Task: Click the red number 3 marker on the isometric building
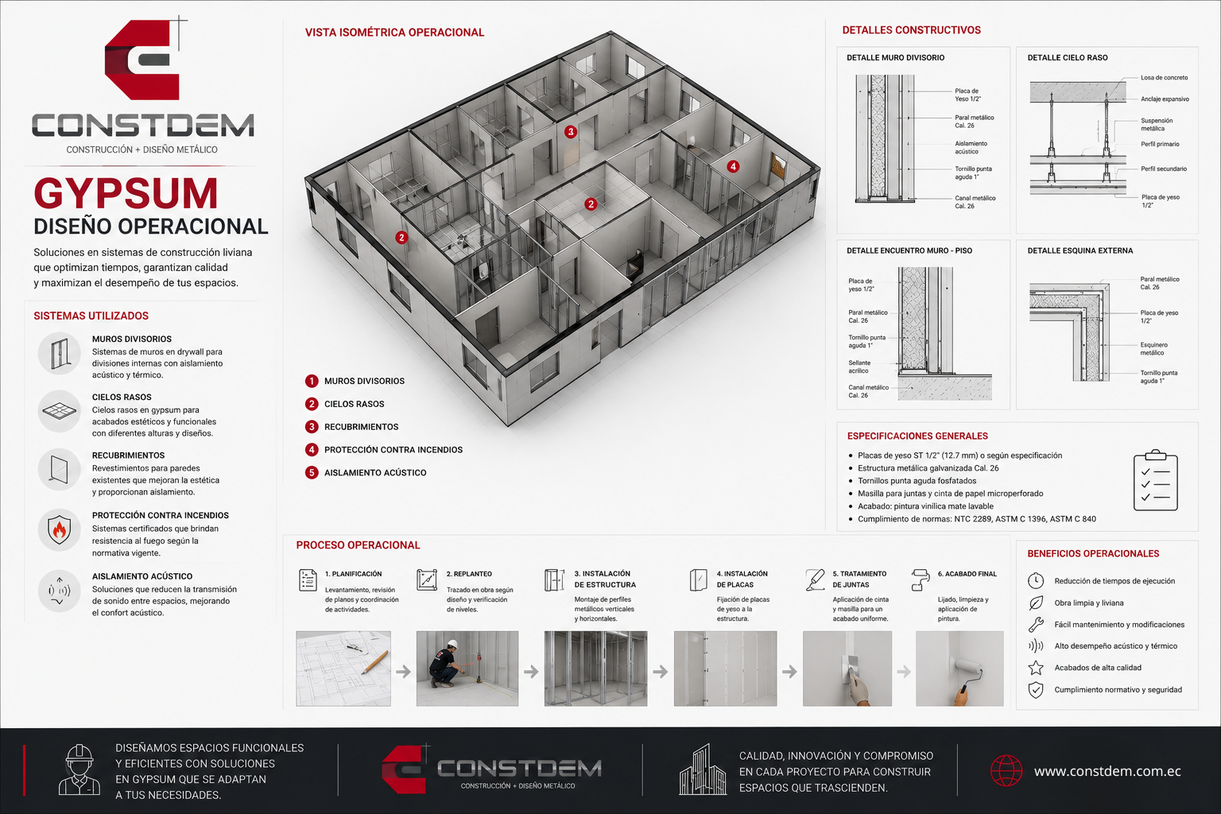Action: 570,131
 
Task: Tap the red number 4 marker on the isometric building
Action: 733,166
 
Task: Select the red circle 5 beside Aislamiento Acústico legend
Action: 312,473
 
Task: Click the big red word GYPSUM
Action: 126,193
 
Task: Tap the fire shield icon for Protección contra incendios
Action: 60,530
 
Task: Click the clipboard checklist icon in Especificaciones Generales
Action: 1156,480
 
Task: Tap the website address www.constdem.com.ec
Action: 1107,772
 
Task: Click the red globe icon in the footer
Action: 1006,770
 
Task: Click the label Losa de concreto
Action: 1164,78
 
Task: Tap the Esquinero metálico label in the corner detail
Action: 1154,349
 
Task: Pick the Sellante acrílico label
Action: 859,367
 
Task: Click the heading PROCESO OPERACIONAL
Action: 359,545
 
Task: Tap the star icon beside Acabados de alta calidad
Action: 1036,668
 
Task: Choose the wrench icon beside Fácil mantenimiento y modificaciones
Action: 1036,624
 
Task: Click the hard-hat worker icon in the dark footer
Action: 79,769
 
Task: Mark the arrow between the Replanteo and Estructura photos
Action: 531,672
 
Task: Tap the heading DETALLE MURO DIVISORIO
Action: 895,58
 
